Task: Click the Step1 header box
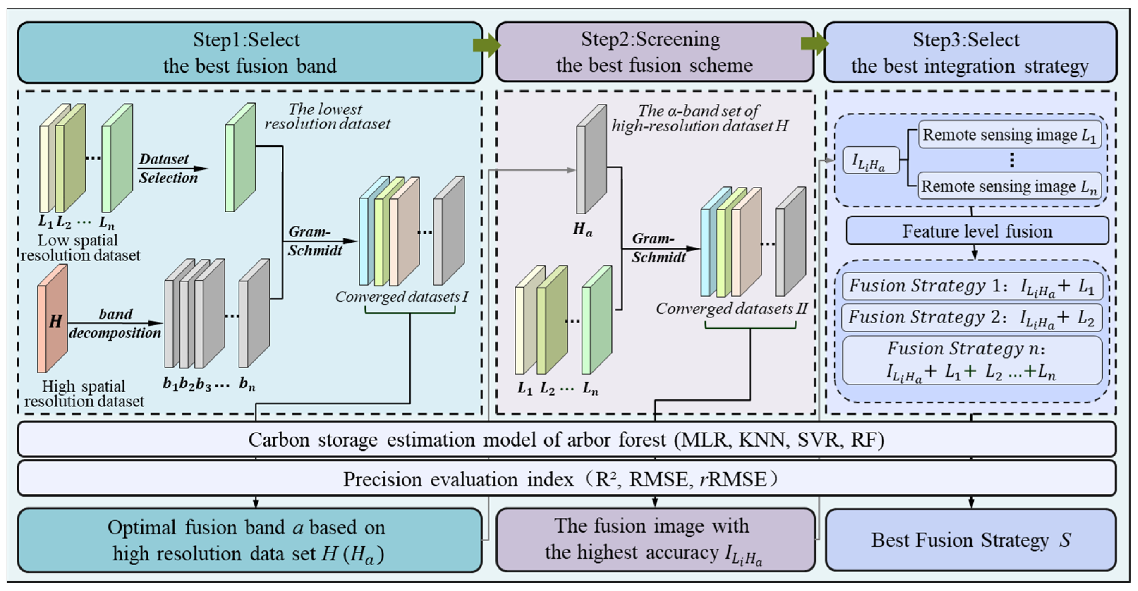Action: click(x=250, y=52)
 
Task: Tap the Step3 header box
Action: click(x=970, y=52)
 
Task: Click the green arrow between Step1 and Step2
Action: click(x=486, y=45)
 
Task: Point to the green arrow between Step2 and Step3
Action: click(x=814, y=44)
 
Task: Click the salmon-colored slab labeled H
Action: click(x=53, y=319)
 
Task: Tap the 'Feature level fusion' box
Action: click(x=977, y=231)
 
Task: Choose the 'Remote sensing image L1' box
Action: click(x=1009, y=135)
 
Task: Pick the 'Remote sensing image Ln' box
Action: click(x=1009, y=186)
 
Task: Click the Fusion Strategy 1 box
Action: click(x=972, y=286)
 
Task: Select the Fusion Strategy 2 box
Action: click(x=972, y=317)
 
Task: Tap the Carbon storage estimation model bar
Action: click(x=566, y=440)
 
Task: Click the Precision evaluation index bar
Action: click(x=566, y=479)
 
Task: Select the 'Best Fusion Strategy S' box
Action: click(x=970, y=540)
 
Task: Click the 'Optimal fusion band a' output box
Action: click(x=250, y=540)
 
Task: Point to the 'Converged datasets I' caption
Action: click(x=401, y=297)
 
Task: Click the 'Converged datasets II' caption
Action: click(x=731, y=309)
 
